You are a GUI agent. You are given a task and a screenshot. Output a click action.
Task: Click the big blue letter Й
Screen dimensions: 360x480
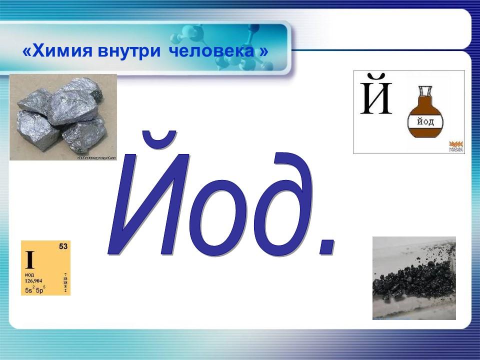coord(150,195)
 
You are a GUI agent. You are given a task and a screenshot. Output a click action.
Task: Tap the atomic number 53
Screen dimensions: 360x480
coord(63,246)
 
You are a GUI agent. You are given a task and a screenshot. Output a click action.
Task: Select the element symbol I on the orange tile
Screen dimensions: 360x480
coord(29,260)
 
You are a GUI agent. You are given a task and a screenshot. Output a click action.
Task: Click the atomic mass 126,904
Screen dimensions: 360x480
coord(33,281)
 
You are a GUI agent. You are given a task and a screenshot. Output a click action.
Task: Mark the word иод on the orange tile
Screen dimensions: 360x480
coord(29,275)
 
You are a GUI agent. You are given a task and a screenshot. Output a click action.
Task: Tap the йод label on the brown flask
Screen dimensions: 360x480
coord(423,122)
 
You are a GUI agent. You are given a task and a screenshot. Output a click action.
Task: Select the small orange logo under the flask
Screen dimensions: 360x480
coord(455,145)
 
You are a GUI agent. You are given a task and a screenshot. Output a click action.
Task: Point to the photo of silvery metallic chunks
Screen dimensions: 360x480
coord(63,117)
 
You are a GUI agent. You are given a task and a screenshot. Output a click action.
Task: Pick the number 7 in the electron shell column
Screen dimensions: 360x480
coord(65,274)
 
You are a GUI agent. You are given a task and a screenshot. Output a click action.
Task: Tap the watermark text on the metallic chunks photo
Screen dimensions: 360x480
coord(95,157)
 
